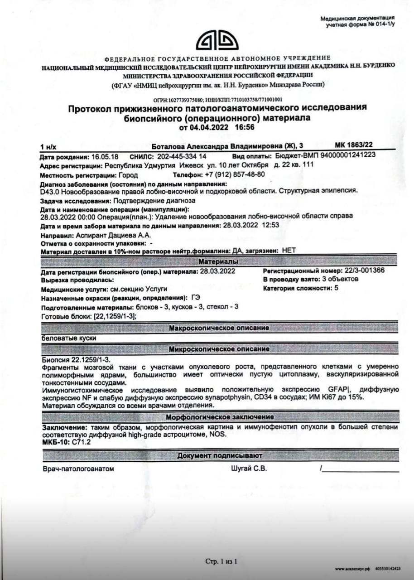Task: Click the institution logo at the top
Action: [217, 41]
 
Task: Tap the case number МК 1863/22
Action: [354, 145]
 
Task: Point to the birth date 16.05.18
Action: [105, 156]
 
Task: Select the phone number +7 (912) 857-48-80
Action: [235, 174]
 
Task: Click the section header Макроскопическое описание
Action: [219, 328]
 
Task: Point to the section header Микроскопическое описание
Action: [219, 349]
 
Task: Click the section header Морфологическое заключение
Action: [219, 417]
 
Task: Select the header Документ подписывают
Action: [219, 455]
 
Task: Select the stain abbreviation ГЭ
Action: [196, 298]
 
